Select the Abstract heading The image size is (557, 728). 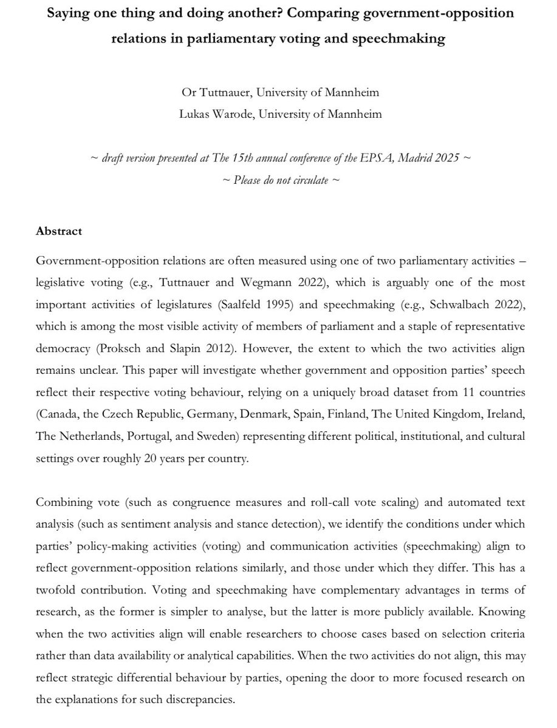(60, 231)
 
